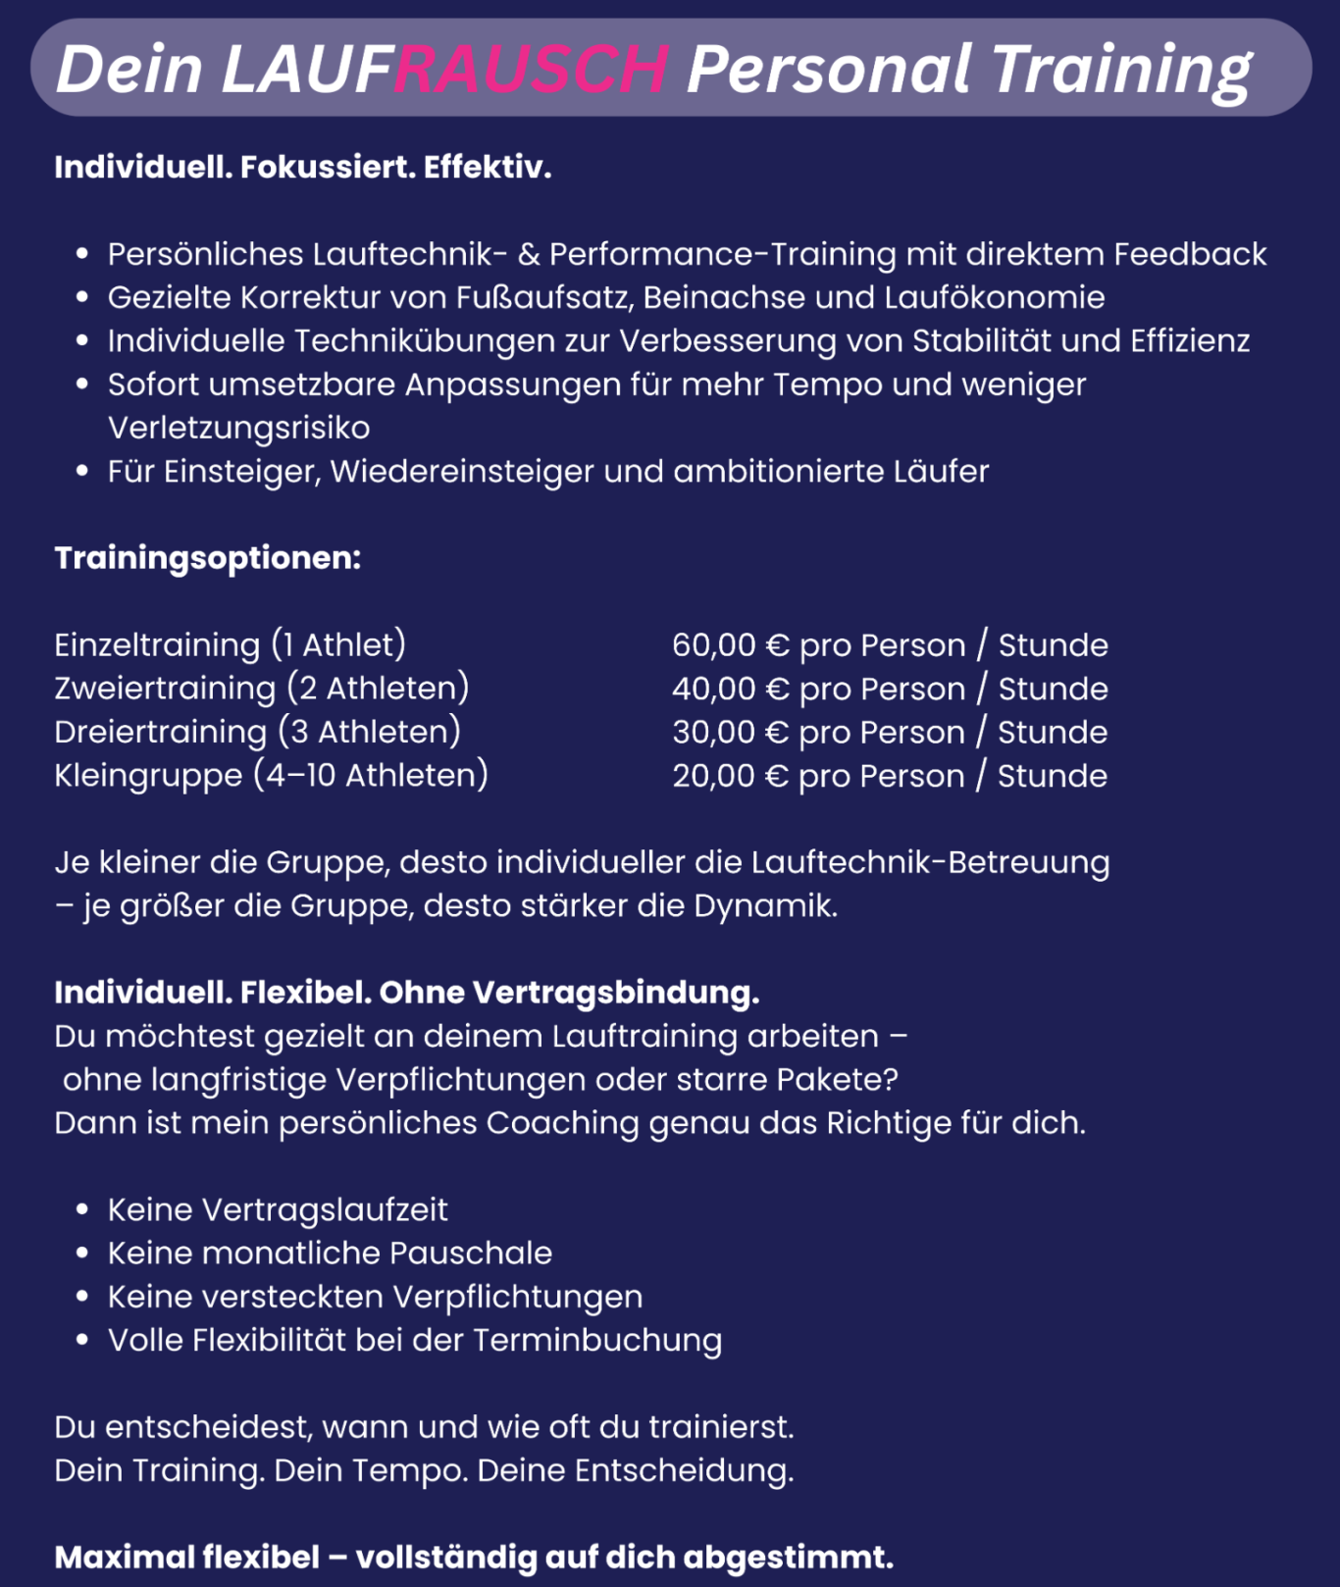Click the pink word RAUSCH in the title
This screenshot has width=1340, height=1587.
(x=531, y=69)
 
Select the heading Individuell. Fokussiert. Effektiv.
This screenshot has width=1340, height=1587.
(x=303, y=167)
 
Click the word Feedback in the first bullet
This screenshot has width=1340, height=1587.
(x=1190, y=254)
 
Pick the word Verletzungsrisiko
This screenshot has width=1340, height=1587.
(x=238, y=428)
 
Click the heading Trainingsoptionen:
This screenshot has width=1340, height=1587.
(x=208, y=557)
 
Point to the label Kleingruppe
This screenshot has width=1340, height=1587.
(x=148, y=776)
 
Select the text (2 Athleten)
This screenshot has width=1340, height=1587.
(x=379, y=689)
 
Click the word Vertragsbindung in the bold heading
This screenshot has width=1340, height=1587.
(x=615, y=993)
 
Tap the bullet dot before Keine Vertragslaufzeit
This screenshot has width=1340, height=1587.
(x=82, y=1210)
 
